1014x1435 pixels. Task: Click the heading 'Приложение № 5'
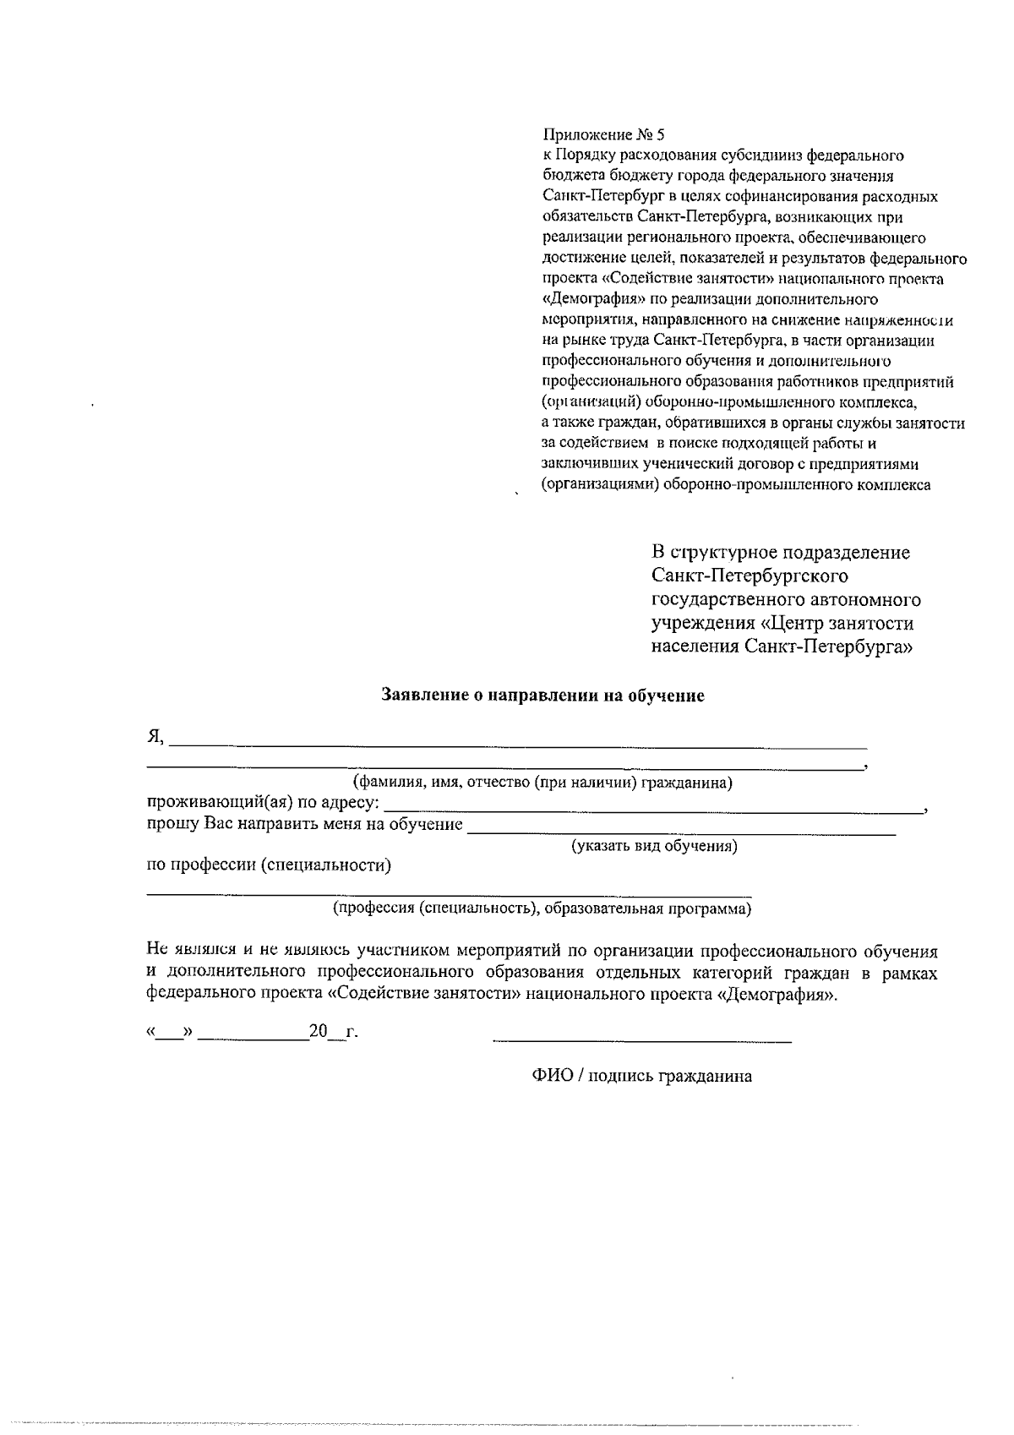[x=603, y=134]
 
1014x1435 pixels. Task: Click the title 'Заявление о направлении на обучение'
[x=542, y=696]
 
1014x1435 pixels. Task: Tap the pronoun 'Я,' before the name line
[x=155, y=736]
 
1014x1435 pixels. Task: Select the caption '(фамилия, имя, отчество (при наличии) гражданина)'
[x=542, y=783]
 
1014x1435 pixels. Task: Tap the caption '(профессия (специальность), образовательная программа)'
[x=541, y=909]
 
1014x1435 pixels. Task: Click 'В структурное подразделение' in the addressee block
[x=781, y=553]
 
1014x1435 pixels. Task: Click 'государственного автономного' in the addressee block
[x=786, y=600]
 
